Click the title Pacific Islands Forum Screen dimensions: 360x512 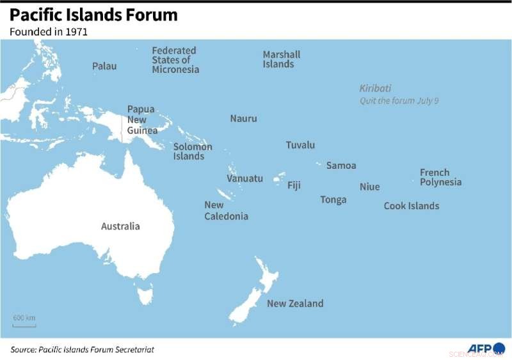[x=93, y=15]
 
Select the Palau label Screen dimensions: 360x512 [x=104, y=66]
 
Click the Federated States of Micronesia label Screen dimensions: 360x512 [x=175, y=60]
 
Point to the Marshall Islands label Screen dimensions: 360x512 [x=281, y=59]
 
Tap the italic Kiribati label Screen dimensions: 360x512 [x=375, y=89]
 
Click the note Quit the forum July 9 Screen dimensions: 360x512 [x=399, y=101]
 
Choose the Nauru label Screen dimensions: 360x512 [x=243, y=118]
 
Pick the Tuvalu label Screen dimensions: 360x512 [x=300, y=145]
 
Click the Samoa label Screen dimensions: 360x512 [x=341, y=166]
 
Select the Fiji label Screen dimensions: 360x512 [x=294, y=185]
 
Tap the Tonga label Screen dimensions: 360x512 [x=333, y=200]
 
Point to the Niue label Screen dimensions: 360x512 [x=369, y=187]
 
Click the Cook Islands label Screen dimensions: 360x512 [x=412, y=206]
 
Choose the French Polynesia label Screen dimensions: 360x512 [x=440, y=177]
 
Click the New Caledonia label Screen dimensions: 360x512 [x=226, y=210]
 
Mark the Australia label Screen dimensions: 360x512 [x=120, y=226]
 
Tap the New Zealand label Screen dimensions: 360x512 [x=295, y=304]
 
